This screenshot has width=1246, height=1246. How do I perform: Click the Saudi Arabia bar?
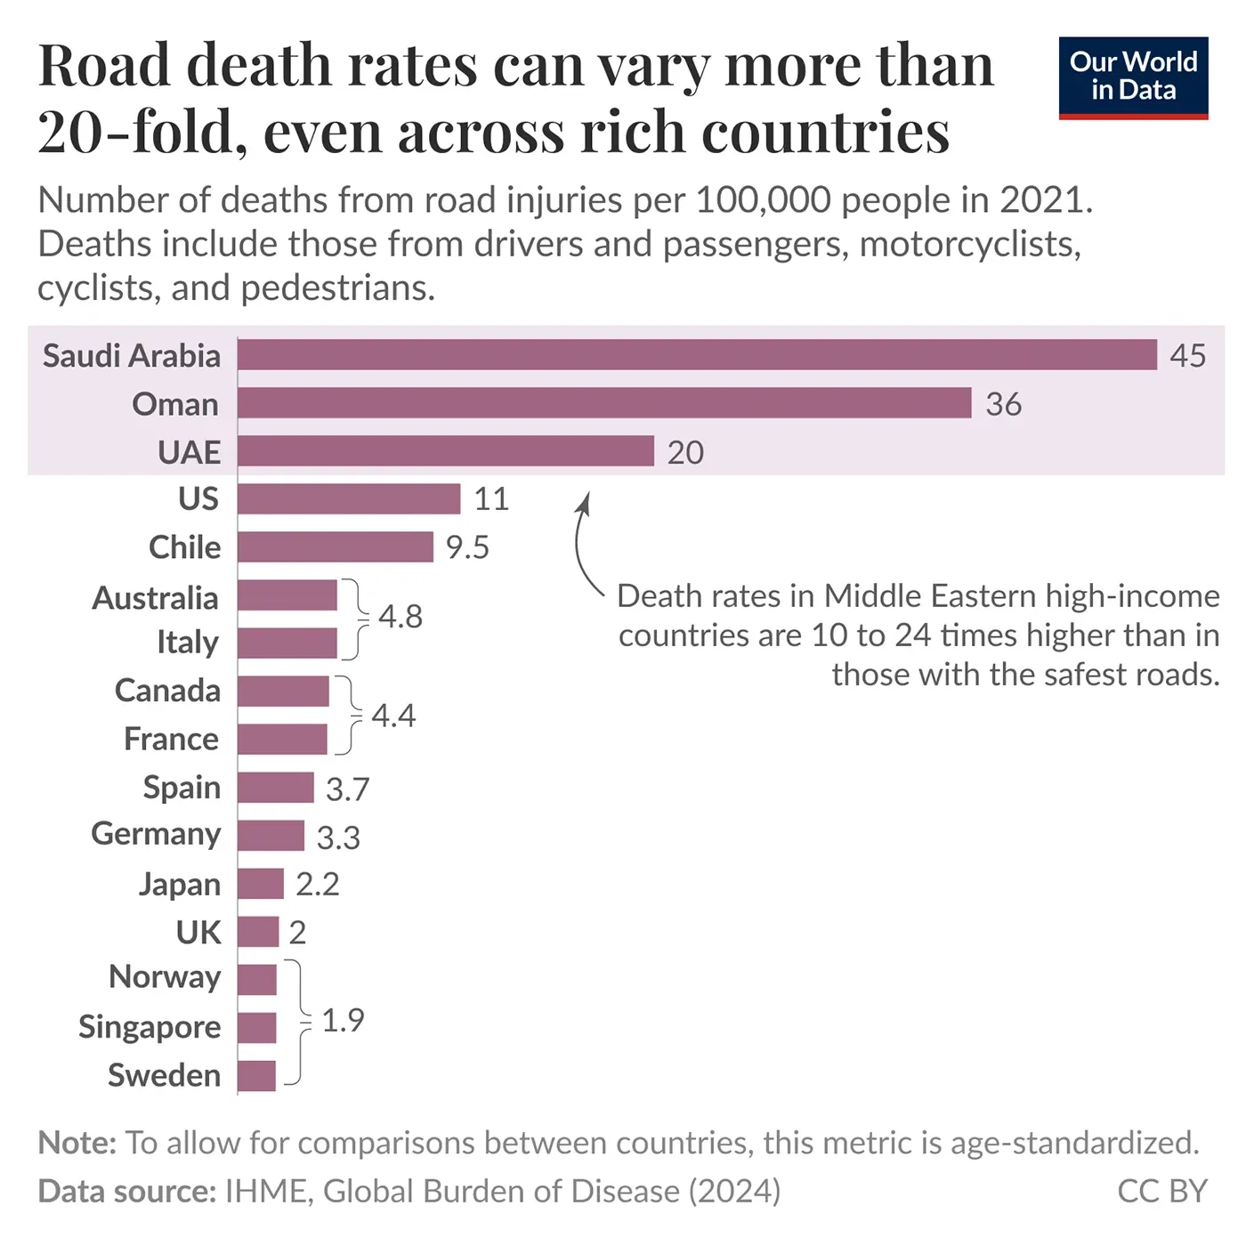click(x=697, y=354)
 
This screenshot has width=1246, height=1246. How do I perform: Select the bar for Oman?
click(x=604, y=402)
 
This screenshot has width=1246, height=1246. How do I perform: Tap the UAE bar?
click(x=445, y=451)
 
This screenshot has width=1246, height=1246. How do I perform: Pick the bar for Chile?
click(x=335, y=546)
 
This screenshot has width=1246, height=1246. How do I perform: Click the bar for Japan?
click(x=260, y=884)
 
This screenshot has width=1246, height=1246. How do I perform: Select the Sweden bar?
click(x=256, y=1075)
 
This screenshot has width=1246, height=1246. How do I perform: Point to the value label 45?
click(x=1187, y=355)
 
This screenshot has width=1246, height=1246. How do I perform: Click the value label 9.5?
click(x=467, y=547)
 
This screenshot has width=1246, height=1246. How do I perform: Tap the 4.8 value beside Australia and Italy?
click(x=400, y=616)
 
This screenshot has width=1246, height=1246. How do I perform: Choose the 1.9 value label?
click(x=343, y=1020)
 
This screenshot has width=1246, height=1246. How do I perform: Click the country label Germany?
click(x=156, y=834)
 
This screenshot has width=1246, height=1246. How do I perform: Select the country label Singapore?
click(x=150, y=1026)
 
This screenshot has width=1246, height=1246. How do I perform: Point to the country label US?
click(x=198, y=498)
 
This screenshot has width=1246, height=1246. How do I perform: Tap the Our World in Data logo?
click(x=1133, y=77)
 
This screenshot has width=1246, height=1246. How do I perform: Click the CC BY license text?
click(x=1161, y=1191)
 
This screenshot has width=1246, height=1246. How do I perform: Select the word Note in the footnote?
click(x=77, y=1143)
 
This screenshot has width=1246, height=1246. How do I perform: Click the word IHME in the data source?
click(x=267, y=1191)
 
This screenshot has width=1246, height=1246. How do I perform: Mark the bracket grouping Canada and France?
click(x=352, y=715)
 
